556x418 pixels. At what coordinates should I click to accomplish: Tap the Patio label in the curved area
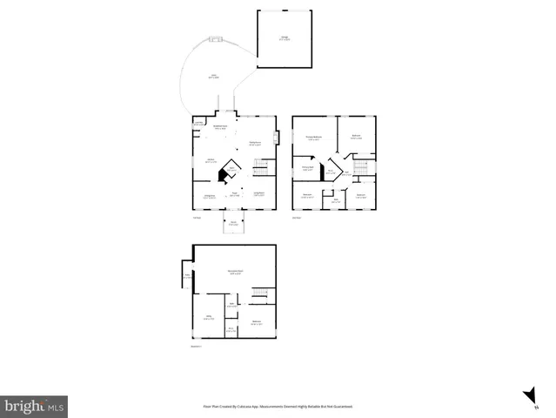click(x=213, y=77)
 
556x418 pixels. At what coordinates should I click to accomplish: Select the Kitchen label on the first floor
click(x=209, y=161)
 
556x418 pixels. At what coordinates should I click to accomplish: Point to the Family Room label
click(x=255, y=143)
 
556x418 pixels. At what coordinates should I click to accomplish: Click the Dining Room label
click(x=209, y=197)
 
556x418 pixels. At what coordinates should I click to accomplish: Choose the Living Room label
click(x=258, y=193)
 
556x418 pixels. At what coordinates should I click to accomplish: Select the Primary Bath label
click(x=307, y=168)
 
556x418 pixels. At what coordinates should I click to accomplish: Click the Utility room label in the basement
click(x=209, y=318)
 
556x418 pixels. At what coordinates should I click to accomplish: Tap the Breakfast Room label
click(x=219, y=128)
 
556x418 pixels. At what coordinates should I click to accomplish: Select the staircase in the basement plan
click(x=258, y=300)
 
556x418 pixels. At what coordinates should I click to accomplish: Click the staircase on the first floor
click(x=258, y=165)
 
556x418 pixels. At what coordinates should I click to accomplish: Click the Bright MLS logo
click(x=34, y=407)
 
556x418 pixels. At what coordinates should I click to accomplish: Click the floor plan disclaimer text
click(x=278, y=406)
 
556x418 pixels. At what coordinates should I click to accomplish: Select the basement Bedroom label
click(x=257, y=323)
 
